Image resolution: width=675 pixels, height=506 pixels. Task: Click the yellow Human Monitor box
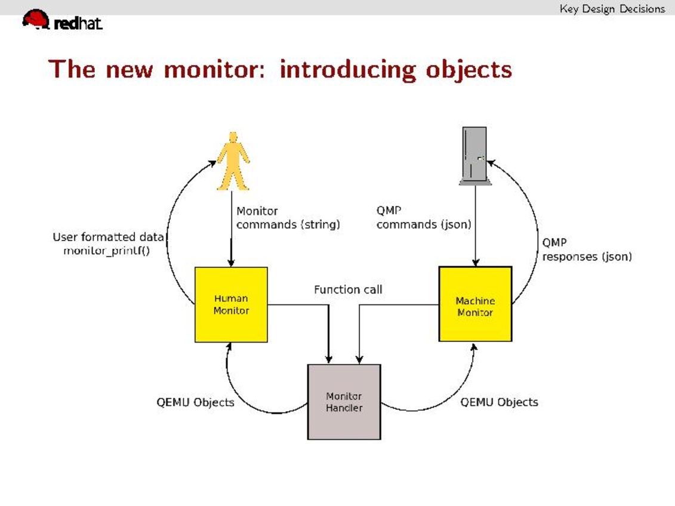[x=231, y=304]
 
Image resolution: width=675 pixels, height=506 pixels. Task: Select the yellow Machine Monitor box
[x=475, y=304]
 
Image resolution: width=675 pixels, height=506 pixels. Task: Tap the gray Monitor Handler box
[x=344, y=402]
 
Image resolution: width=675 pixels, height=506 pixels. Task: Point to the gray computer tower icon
[x=474, y=156]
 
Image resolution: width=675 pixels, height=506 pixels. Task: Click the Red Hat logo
[x=63, y=21]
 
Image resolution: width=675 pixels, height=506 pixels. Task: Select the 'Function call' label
[x=348, y=290]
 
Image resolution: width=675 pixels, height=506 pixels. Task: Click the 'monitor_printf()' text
[x=106, y=251]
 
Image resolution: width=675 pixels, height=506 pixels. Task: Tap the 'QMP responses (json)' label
[x=586, y=250]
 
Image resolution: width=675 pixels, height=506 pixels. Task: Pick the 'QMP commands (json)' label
[x=424, y=218]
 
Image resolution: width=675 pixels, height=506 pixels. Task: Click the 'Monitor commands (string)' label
[x=288, y=218]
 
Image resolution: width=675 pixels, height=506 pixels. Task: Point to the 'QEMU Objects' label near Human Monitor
[x=195, y=402]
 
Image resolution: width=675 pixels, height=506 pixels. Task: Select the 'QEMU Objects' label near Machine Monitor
[x=499, y=402]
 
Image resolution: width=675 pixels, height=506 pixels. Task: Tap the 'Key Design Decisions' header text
[x=612, y=8]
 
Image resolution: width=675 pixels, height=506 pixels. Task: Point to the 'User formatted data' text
[x=108, y=237]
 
